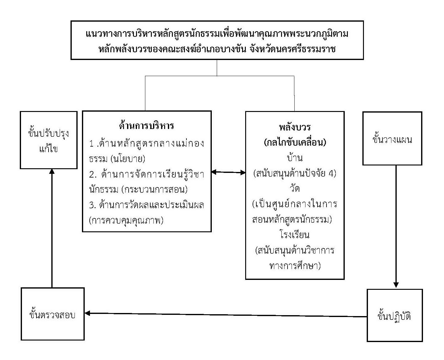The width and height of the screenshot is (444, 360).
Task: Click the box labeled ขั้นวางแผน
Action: [392, 139]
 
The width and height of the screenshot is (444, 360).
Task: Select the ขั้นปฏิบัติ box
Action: [395, 315]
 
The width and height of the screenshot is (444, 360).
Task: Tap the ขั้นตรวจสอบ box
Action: [53, 314]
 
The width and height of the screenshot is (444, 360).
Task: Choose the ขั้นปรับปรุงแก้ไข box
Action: [49, 140]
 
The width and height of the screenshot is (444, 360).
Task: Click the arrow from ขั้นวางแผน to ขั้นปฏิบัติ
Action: [396, 226]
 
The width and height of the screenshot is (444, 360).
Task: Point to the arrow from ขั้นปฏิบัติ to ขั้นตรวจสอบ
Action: [226, 315]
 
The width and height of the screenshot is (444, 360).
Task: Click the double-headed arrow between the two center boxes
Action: [228, 172]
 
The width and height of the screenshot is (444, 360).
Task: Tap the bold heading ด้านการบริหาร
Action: [147, 126]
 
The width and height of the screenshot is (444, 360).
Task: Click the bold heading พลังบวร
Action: [295, 127]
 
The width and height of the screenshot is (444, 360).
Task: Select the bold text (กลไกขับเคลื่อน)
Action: [295, 143]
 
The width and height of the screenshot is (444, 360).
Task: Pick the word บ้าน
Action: [295, 158]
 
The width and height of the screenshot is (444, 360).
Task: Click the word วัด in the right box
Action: [295, 188]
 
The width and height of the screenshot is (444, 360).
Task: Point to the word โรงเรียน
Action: [295, 235]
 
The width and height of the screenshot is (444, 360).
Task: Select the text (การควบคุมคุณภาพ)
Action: [126, 220]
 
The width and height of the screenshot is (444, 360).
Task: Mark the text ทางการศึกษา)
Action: [295, 265]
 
